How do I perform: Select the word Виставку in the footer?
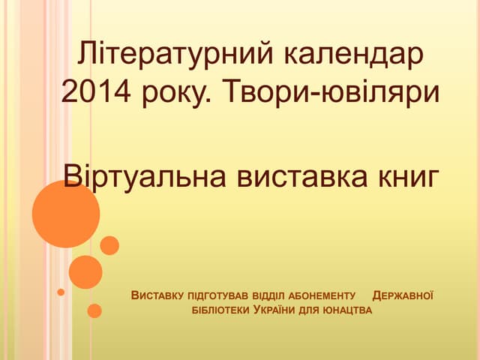pos(157,294)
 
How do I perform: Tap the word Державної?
pos(403,294)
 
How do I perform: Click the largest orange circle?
pos(66,214)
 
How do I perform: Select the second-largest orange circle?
pos(85,272)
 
